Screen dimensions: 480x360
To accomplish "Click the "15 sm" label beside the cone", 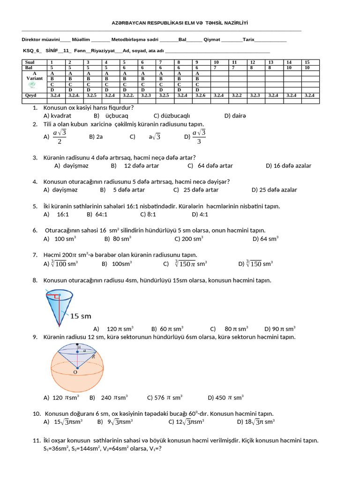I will [x=81, y=316].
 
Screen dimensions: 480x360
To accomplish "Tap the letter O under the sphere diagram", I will [x=75, y=372].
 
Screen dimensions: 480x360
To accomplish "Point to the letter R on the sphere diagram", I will [x=94, y=356].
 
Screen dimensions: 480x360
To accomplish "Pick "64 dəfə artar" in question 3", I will [x=215, y=165].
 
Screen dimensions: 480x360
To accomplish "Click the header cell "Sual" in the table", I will [x=29, y=62].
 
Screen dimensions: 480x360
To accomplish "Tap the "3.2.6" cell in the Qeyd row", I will [x=200, y=95].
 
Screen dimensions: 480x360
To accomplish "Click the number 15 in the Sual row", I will [x=307, y=62].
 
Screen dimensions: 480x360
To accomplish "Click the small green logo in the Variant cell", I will [x=32, y=84].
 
